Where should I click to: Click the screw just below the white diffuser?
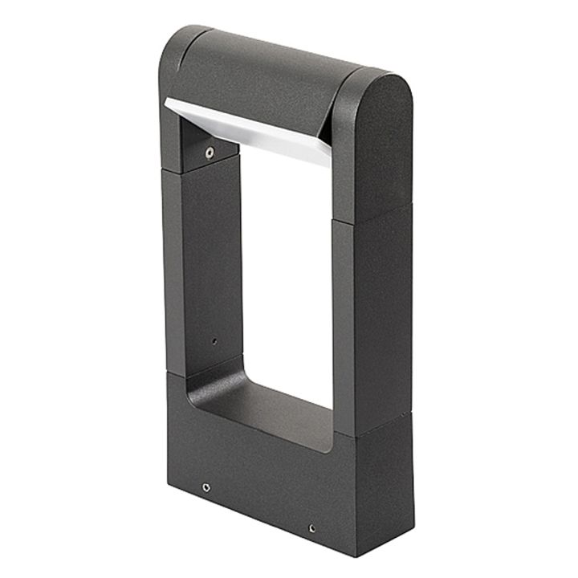pos(210,153)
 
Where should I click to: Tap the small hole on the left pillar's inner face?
pos(214,340)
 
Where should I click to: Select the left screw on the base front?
pos(206,486)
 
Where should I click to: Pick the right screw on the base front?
pos(311,528)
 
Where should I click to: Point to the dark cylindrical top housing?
pos(265,76)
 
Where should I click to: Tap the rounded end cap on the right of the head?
pos(377,136)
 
